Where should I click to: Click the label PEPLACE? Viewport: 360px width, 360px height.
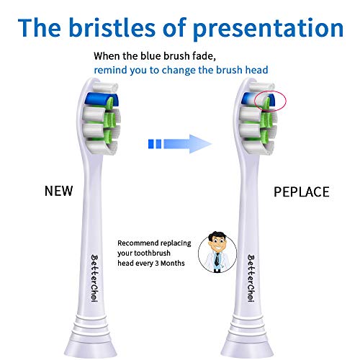302,192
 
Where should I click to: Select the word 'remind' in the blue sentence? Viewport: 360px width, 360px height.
109,70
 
